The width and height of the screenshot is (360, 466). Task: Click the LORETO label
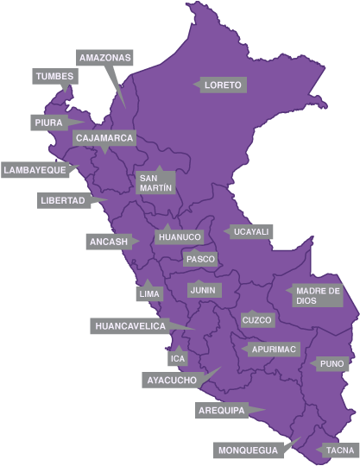(x=224, y=85)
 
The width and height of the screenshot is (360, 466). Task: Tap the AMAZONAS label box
(x=104, y=58)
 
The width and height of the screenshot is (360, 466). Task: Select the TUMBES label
(x=54, y=77)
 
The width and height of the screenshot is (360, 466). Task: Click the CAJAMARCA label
(x=104, y=138)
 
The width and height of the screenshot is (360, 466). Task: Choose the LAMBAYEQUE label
(x=35, y=170)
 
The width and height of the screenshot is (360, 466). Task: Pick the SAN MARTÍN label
(x=155, y=182)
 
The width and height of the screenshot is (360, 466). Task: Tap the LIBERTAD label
(x=63, y=200)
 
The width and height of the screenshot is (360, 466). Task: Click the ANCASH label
(x=108, y=242)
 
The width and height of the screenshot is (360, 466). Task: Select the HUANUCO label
(x=180, y=236)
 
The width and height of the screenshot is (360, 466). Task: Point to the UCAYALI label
(x=251, y=232)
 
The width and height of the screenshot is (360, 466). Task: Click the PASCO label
(x=200, y=259)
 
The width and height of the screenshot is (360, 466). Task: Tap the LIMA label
(x=149, y=294)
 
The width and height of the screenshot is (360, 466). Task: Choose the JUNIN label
(x=204, y=290)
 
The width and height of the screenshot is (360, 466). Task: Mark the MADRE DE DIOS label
(x=318, y=296)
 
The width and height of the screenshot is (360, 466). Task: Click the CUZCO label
(x=257, y=320)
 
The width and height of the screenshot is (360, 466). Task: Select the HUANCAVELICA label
(x=129, y=325)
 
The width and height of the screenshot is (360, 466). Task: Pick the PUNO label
(x=332, y=364)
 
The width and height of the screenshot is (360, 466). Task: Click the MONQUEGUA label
(x=248, y=450)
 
